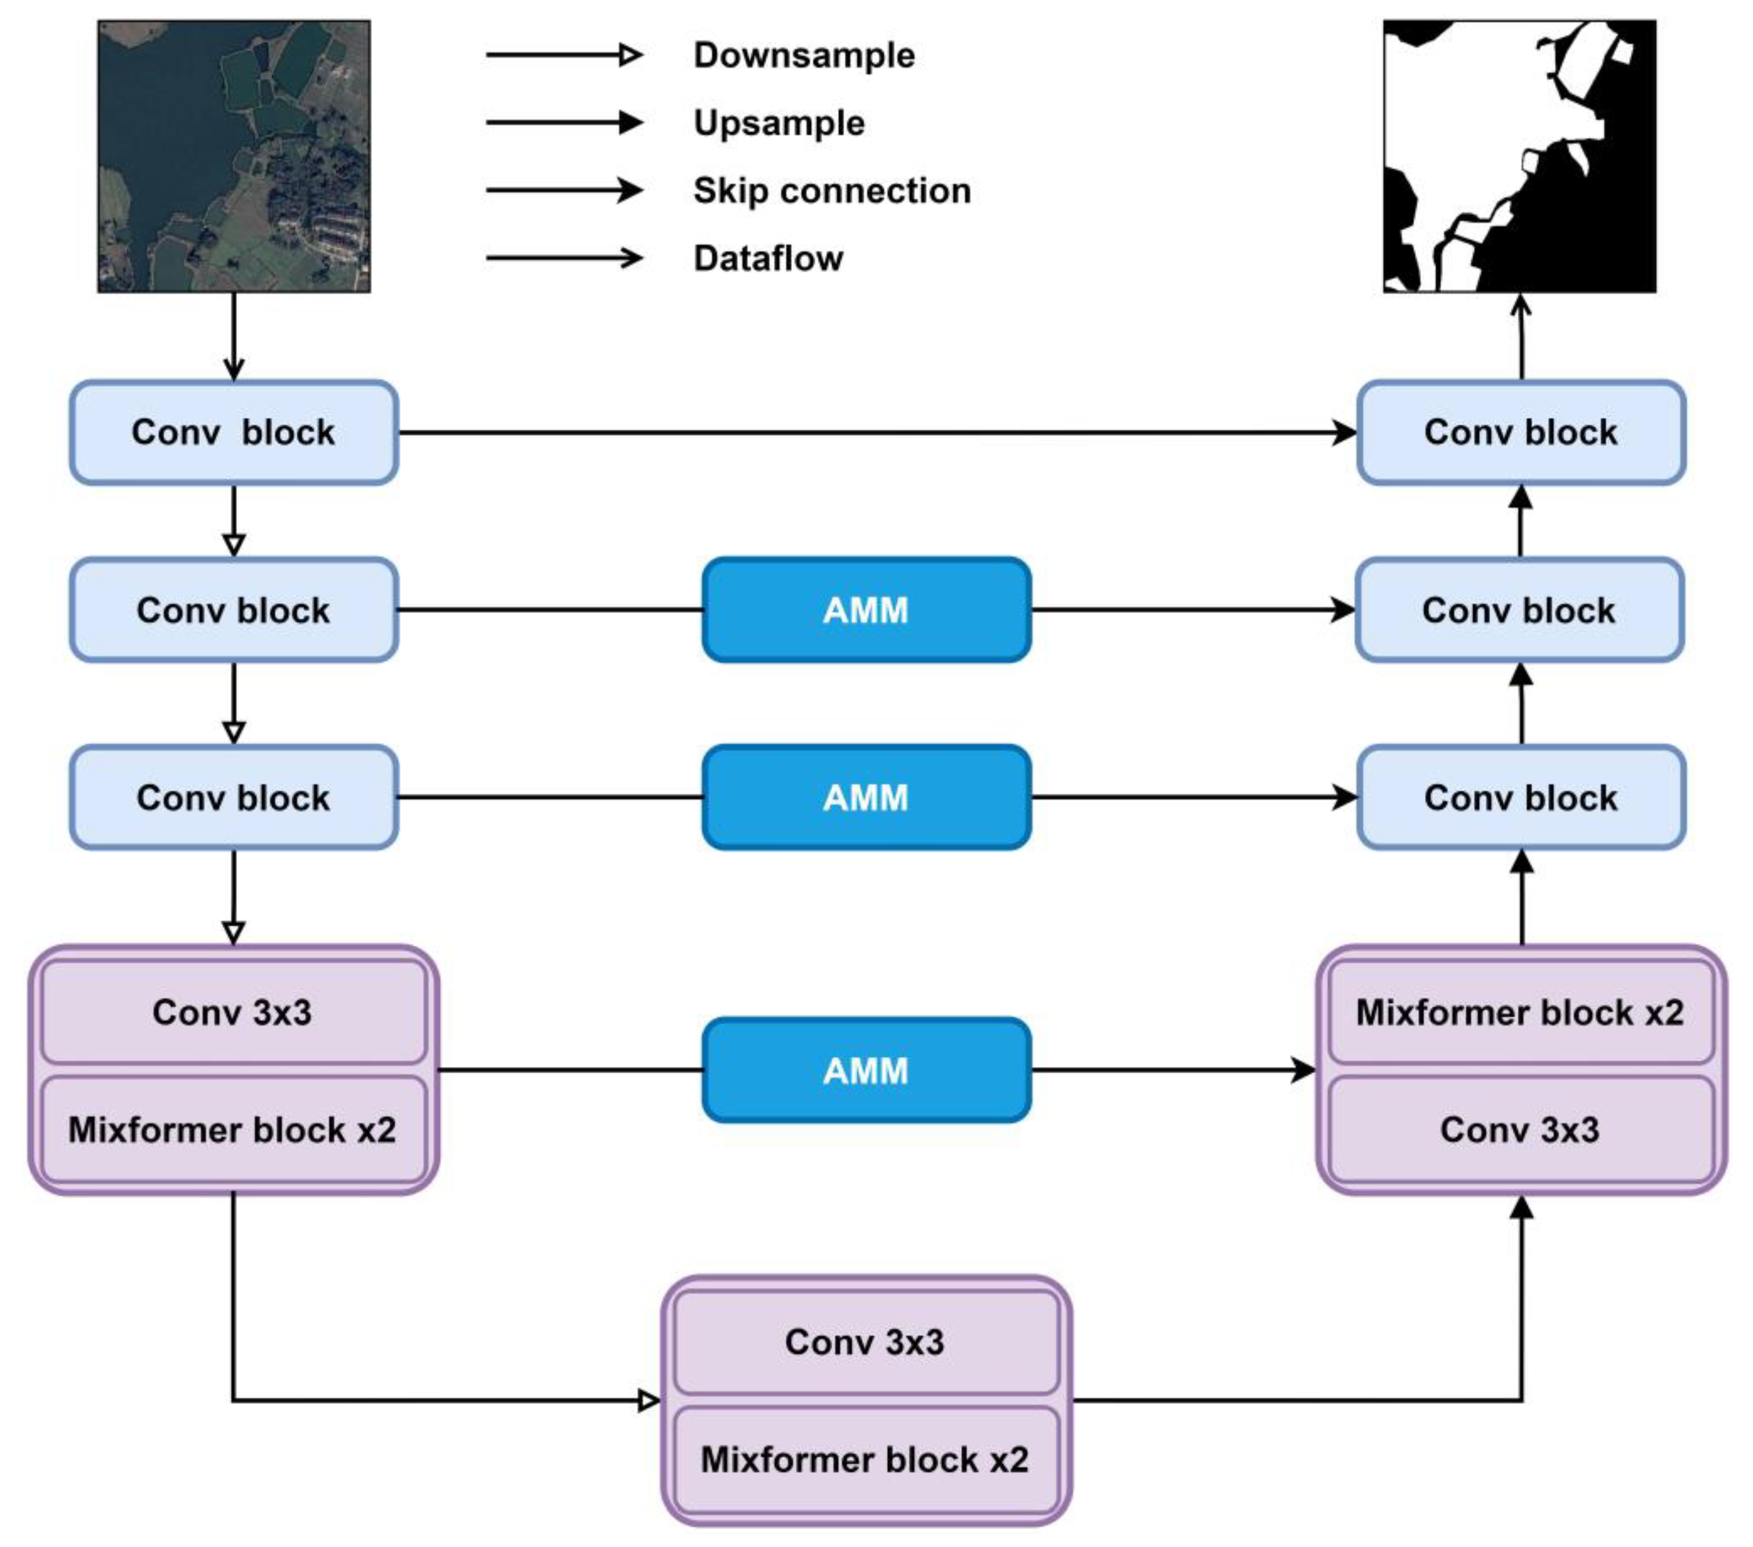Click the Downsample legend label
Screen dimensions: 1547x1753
(804, 56)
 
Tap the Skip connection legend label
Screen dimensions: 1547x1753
(831, 190)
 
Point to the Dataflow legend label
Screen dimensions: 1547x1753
(768, 258)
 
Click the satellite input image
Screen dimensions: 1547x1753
(234, 157)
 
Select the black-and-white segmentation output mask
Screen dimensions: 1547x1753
(1519, 157)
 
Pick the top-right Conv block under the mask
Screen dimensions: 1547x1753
(1520, 432)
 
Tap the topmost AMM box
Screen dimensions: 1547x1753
(866, 610)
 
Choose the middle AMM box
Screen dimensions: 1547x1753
(866, 797)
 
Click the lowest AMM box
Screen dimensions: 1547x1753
(866, 1070)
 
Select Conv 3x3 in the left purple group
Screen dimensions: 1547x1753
(233, 1012)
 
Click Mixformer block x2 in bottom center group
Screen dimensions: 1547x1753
(866, 1459)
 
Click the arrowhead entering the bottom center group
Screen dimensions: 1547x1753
(649, 1401)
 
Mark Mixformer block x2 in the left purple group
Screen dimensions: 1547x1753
(233, 1129)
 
